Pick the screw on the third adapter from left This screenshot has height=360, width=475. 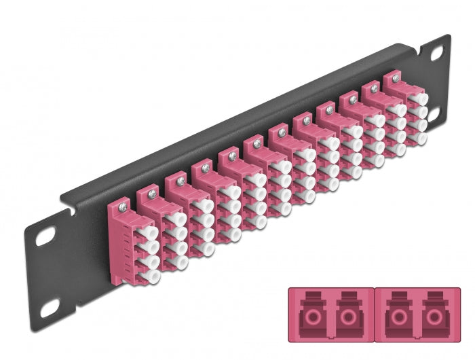(176, 179)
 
